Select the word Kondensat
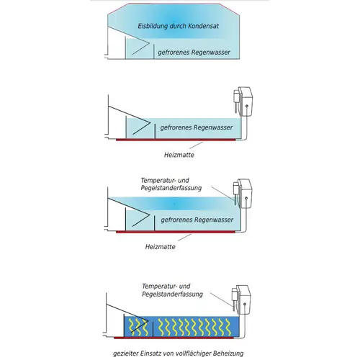203,26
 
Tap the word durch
178,26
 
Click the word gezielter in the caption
125,354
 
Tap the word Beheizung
228,354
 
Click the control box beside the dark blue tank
243,300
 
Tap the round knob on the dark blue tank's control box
245,305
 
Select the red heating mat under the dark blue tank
174,338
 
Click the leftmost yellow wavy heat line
132,327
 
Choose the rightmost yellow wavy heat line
228,327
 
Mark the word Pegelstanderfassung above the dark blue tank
172,294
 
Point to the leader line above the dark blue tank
221,300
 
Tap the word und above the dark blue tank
185,287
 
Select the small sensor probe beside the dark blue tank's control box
234,297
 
